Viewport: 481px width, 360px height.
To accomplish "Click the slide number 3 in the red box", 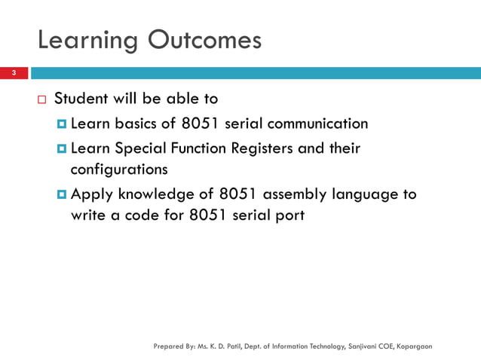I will (x=13, y=73).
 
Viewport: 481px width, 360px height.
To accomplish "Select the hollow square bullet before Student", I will (x=41, y=99).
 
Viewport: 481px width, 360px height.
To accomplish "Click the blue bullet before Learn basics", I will (x=62, y=124).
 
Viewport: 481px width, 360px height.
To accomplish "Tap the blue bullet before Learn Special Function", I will (x=62, y=148).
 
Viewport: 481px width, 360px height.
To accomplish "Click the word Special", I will (x=138, y=148).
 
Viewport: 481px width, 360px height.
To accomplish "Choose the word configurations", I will (x=118, y=169).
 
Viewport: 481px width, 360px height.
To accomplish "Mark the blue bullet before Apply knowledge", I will (x=62, y=194).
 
